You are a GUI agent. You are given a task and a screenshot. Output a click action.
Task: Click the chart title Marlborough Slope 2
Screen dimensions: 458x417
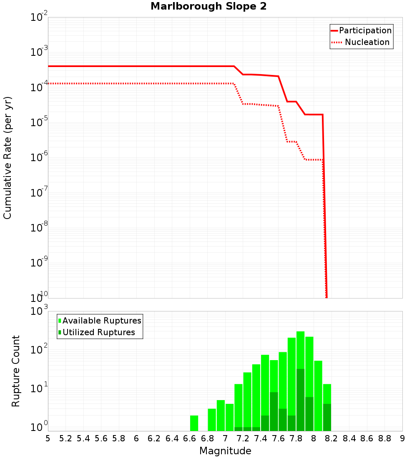pos(208,7)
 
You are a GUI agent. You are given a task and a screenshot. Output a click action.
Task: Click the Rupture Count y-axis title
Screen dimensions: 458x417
pos(16,371)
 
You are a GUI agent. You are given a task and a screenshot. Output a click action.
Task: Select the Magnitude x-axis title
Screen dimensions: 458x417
pos(225,451)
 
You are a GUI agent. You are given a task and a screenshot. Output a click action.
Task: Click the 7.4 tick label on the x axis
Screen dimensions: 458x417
pos(261,438)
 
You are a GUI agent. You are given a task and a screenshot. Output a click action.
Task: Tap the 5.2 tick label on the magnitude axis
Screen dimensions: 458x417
pos(65,438)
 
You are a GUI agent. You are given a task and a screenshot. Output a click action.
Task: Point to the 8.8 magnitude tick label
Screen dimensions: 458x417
pos(384,438)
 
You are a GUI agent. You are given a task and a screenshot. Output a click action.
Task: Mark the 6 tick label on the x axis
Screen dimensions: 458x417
pos(136,438)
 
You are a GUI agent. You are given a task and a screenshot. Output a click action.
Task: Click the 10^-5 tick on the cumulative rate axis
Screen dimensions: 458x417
pos(39,122)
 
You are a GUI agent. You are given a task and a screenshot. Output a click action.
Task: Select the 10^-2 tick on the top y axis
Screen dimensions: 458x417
pos(39,17)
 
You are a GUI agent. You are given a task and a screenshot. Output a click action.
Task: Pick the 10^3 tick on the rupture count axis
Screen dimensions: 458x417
pos(39,311)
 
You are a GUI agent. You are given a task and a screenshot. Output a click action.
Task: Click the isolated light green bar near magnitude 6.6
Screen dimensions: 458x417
pos(194,423)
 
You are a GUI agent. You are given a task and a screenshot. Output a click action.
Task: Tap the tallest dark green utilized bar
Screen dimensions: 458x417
pos(300,400)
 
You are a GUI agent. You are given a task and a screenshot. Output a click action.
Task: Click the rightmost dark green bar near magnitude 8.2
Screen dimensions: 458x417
pos(327,417)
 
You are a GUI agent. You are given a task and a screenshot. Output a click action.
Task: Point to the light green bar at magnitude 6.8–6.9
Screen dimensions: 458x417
pos(212,420)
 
